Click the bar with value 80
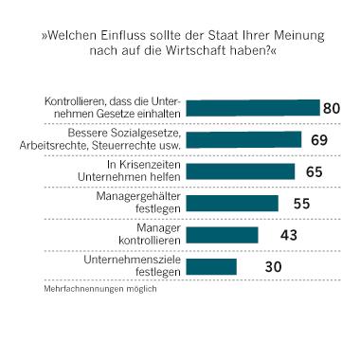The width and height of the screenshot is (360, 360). click(x=252, y=107)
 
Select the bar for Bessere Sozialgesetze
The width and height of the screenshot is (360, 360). click(x=243, y=139)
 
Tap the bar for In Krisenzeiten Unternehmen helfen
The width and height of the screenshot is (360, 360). click(x=240, y=171)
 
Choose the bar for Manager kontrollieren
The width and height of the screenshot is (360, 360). click(x=222, y=234)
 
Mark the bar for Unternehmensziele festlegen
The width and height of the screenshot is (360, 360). click(x=211, y=266)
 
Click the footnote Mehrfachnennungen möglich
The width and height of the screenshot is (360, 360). click(x=99, y=288)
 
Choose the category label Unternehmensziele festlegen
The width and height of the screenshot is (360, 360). click(x=138, y=266)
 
